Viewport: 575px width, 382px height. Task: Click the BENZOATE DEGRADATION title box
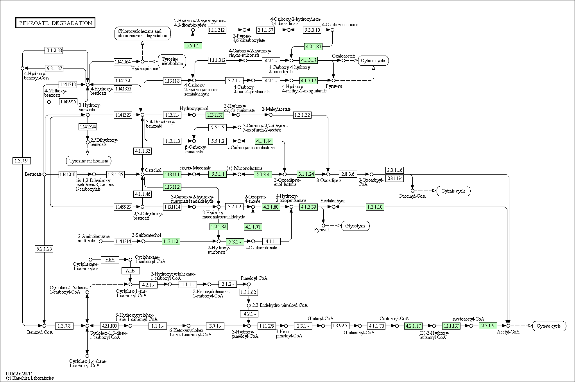point(55,23)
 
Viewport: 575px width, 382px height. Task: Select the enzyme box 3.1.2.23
point(54,50)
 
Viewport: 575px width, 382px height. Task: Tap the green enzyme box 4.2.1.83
point(313,46)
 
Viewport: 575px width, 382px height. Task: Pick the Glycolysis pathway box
point(355,225)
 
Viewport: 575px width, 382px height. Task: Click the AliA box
point(110,259)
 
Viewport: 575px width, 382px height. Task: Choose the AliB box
point(130,271)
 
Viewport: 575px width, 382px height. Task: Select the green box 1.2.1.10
point(374,207)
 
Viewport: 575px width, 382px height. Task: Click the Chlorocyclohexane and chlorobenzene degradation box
point(143,34)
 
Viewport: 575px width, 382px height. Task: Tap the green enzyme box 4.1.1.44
point(264,141)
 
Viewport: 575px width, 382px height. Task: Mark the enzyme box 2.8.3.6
point(347,174)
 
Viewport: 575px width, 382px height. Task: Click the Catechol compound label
point(153,170)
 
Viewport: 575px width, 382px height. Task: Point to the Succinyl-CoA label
point(412,196)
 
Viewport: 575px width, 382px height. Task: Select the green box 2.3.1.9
point(488,325)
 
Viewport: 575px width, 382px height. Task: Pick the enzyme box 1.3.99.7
point(340,325)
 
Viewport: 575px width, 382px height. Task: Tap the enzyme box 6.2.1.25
point(44,249)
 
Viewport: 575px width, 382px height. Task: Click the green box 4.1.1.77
point(253,227)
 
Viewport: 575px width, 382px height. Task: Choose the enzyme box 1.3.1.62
point(249,292)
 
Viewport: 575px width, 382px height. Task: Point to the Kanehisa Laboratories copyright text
point(30,378)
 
